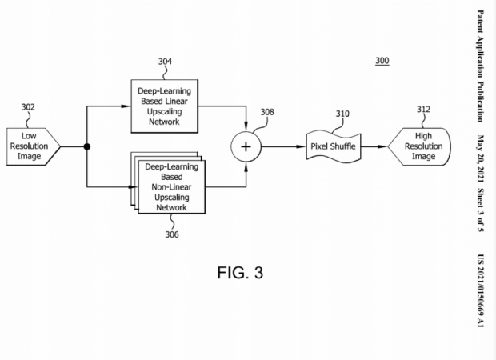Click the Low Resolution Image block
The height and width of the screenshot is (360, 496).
point(33,146)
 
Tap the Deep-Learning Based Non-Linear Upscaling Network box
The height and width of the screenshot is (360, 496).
point(170,186)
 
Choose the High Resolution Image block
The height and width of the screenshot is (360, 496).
point(420,146)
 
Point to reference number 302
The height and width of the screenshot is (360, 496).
point(28,106)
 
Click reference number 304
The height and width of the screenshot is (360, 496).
point(165,62)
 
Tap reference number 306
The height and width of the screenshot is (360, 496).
point(172,234)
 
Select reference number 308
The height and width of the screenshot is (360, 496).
point(266,112)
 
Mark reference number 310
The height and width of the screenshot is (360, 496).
point(342,114)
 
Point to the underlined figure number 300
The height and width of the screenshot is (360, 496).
point(382,61)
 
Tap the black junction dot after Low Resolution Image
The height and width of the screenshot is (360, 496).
point(86,147)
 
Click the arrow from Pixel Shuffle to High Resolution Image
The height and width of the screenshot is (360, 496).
point(375,147)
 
